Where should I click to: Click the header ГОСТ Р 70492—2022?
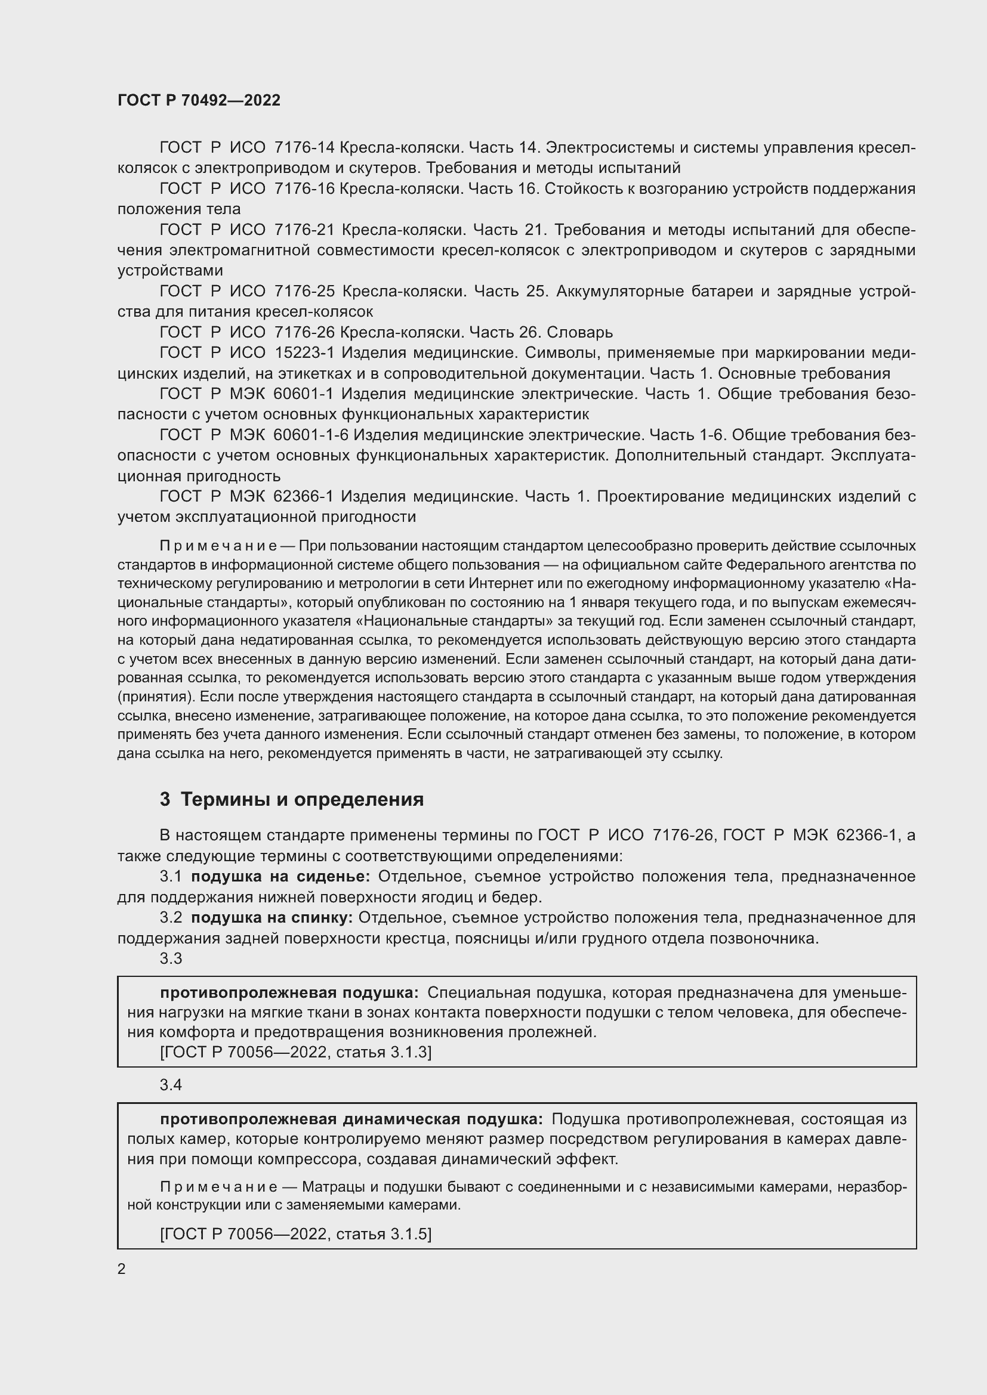coord(199,100)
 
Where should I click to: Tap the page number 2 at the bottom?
coord(122,1269)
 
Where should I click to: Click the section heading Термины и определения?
coord(302,800)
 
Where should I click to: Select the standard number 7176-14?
coord(304,148)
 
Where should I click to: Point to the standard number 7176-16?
coord(304,189)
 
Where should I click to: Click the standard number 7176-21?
coord(305,230)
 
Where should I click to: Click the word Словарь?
coord(580,332)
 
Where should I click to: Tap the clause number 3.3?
coord(171,959)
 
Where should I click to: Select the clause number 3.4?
coord(171,1085)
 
